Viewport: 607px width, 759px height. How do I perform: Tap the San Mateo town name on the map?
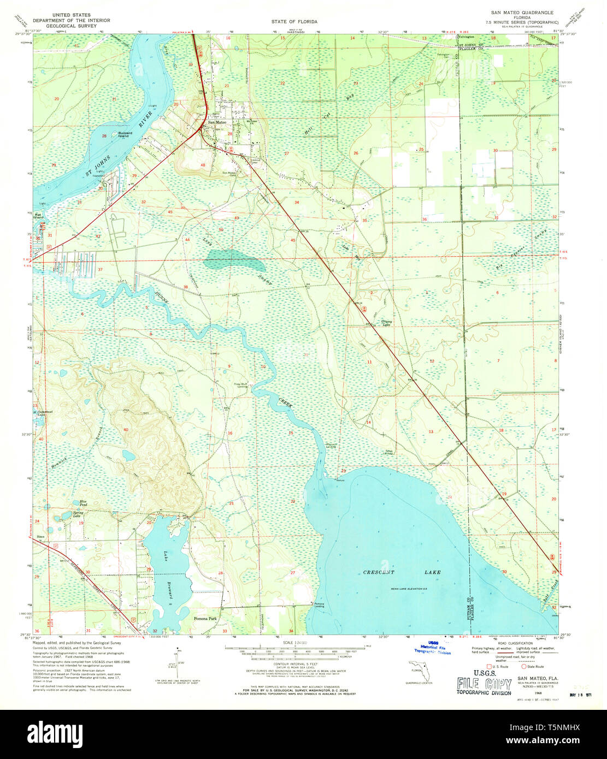coord(216,122)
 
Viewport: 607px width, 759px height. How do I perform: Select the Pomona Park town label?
coord(205,619)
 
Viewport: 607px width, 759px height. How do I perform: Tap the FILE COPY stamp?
coord(484,685)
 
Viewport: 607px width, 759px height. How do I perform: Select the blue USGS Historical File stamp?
coord(432,648)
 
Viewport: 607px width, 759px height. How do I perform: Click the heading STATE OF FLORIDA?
coord(294,22)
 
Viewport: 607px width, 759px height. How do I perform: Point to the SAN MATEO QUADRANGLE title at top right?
coord(522,12)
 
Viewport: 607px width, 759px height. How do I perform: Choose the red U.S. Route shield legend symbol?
coord(489,666)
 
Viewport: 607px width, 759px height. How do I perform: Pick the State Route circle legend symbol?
coord(523,666)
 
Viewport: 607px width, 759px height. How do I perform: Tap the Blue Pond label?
coord(83,502)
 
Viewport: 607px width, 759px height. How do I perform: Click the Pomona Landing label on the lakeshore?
coord(319,604)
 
